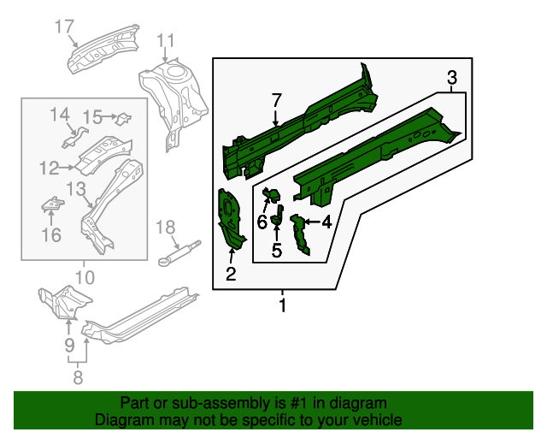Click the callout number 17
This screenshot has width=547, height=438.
point(65,27)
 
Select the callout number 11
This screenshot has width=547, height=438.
point(165,40)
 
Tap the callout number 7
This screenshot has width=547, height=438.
point(276,101)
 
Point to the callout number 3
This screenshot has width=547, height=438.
point(452,80)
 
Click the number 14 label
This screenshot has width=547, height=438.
point(59,115)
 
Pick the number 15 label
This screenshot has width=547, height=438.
point(93,115)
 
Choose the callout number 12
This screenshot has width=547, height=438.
point(50,167)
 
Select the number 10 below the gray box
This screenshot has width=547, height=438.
point(84,275)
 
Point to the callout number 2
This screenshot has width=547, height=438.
point(230,274)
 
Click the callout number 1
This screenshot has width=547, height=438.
point(283,305)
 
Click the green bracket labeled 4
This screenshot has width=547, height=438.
point(299,235)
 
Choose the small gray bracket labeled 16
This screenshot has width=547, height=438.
point(53,205)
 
